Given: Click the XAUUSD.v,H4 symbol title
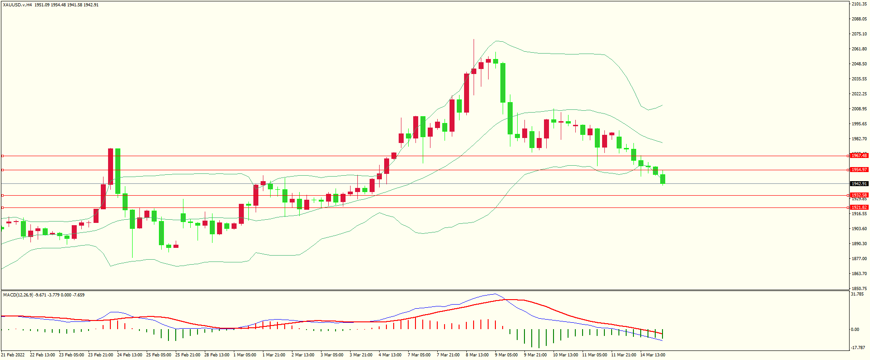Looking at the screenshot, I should [x=17, y=5].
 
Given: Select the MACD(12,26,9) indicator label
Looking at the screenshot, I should [x=18, y=295].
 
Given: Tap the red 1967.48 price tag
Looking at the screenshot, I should [x=859, y=156].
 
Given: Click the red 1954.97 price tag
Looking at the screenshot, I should [x=859, y=170].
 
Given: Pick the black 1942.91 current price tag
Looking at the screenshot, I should [x=859, y=184].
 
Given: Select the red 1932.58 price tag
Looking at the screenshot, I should [x=859, y=195].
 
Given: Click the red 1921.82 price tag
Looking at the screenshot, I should [x=859, y=207].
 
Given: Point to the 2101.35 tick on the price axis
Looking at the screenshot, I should [x=859, y=4].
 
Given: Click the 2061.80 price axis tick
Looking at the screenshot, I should [x=859, y=49].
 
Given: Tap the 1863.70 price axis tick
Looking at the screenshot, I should [x=859, y=274].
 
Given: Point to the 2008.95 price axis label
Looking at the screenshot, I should [x=859, y=109].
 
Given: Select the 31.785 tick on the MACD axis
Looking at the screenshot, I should [x=857, y=294].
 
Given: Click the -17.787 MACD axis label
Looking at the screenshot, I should [x=858, y=348].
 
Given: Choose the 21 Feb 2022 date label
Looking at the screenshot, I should [x=13, y=355].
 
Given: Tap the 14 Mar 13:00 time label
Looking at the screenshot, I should [x=652, y=355].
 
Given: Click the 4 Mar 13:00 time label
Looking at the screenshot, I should [x=390, y=355].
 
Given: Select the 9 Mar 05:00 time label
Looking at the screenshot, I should [x=506, y=355].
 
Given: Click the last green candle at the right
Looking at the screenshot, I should [x=662, y=179].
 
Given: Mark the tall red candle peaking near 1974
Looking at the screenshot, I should [x=110, y=166].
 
